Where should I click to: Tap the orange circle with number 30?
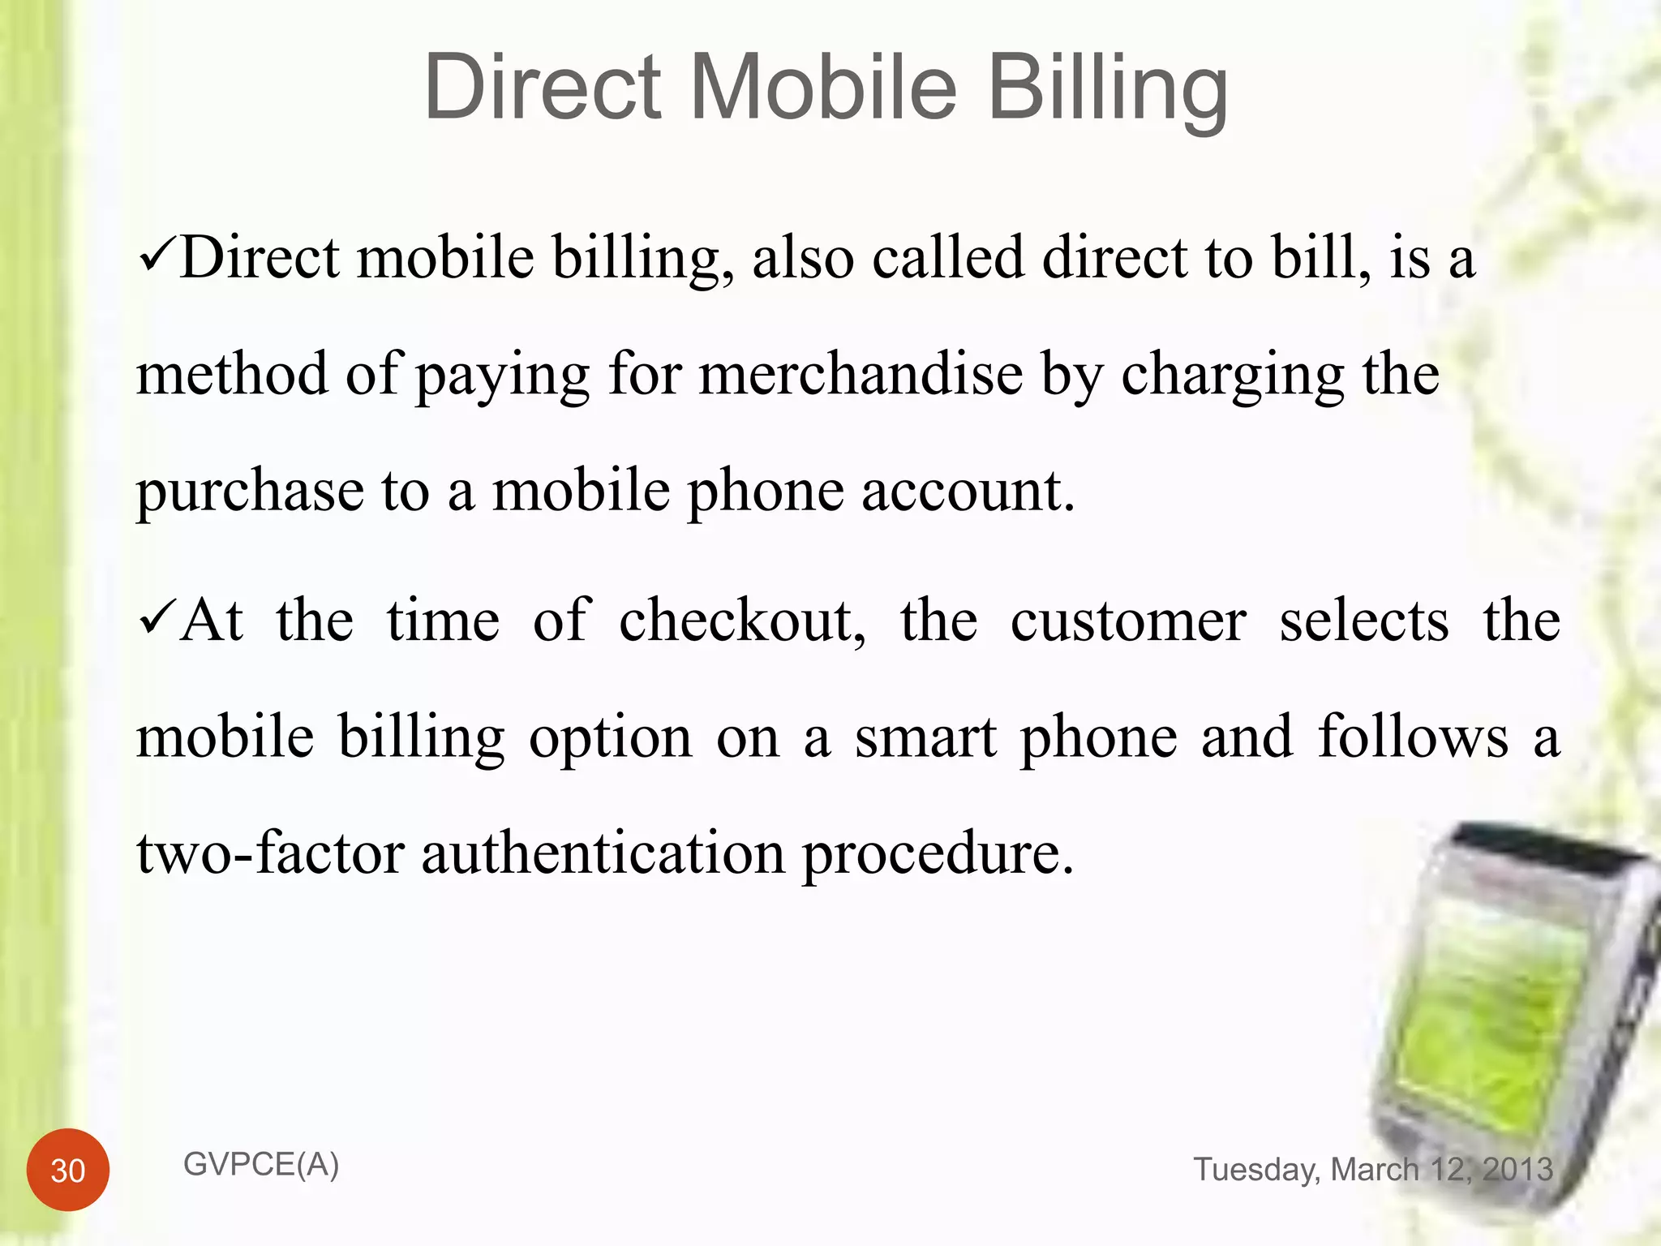(x=68, y=1170)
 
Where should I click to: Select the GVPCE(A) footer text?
(x=261, y=1165)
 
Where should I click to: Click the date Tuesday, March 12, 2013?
(x=1373, y=1170)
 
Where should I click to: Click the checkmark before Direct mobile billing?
(x=156, y=259)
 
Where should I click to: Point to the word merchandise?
(x=861, y=375)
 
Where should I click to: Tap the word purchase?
(x=250, y=493)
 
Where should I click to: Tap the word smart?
(x=925, y=738)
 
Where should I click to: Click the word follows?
(x=1413, y=738)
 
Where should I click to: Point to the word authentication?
(x=603, y=854)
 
